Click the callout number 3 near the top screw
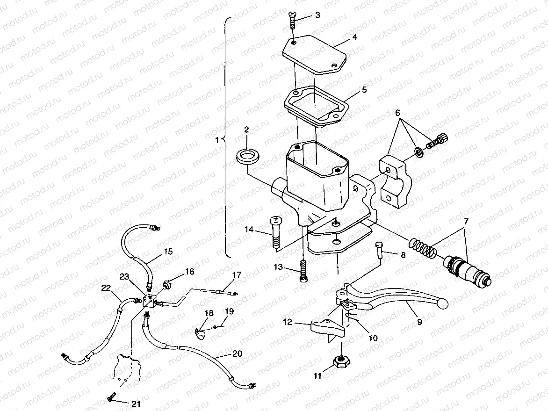317,15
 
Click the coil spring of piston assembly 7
423,248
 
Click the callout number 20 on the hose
238,353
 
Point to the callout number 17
237,275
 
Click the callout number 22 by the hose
107,289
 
